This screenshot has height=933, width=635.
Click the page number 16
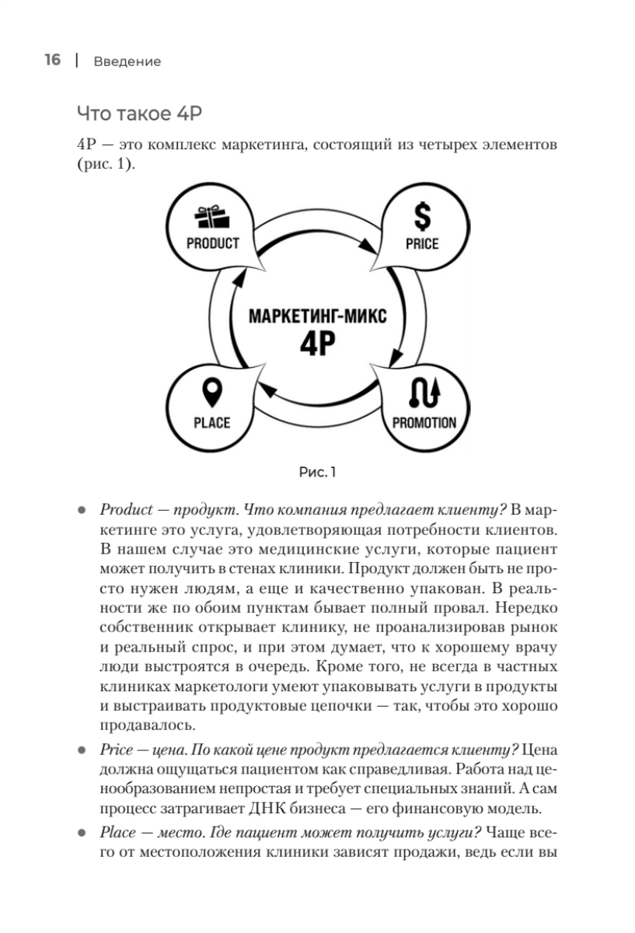tap(52, 61)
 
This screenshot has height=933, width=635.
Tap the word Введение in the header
tap(127, 61)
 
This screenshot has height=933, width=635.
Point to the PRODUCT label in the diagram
tap(212, 243)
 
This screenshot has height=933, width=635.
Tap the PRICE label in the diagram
tap(422, 243)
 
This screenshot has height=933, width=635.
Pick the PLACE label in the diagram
tap(211, 423)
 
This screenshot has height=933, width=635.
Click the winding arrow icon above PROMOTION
tap(424, 395)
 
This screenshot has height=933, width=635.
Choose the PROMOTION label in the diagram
tap(424, 423)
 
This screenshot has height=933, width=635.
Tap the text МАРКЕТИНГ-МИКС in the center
tap(317, 316)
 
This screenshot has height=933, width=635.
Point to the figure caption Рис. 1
tap(317, 471)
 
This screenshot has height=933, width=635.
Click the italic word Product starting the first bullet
tap(118, 510)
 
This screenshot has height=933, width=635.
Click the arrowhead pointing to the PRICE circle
tap(365, 246)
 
